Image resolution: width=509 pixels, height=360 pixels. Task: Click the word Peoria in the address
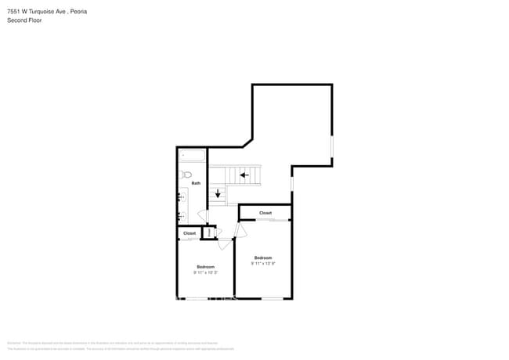click(78, 11)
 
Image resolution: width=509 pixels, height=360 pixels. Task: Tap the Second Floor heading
click(24, 20)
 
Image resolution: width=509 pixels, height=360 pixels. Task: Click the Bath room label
click(196, 183)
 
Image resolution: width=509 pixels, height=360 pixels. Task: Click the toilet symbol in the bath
click(186, 175)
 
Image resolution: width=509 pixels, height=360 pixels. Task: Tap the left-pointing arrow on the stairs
click(245, 175)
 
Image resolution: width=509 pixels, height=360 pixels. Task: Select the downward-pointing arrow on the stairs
click(218, 193)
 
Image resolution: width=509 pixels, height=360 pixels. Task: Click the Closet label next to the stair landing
click(265, 213)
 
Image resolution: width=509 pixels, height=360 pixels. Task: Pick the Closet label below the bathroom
click(190, 233)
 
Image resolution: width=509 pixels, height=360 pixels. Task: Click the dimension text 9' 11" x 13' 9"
click(262, 264)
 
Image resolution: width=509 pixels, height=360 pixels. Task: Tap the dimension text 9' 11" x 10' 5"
click(205, 272)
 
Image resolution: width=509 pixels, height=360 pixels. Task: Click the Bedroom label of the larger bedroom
click(262, 257)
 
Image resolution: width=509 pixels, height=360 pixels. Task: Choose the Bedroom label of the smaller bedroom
click(205, 267)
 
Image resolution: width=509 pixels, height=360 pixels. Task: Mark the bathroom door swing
click(201, 215)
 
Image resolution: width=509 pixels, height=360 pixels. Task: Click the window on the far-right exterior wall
click(332, 147)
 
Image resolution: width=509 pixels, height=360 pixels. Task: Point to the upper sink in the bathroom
click(181, 197)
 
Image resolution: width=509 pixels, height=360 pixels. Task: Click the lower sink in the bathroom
click(181, 215)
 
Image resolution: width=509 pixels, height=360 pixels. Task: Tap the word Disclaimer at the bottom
click(14, 343)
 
